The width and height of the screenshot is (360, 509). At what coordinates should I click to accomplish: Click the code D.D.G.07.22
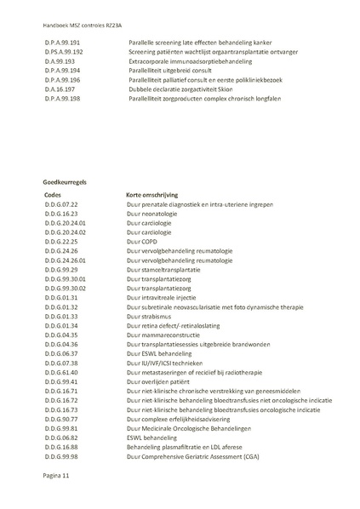pyautogui.click(x=60, y=205)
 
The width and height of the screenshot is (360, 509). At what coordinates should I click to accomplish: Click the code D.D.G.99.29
pyautogui.click(x=60, y=270)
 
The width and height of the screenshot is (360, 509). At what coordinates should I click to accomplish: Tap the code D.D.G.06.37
pyautogui.click(x=60, y=353)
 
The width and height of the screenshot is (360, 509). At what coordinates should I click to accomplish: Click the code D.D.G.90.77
pyautogui.click(x=60, y=419)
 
